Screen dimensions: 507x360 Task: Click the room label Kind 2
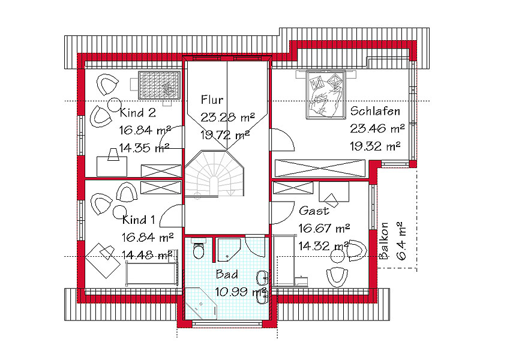click(x=138, y=113)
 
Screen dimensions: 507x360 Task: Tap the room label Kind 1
click(x=139, y=220)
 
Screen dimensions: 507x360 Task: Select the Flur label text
click(x=212, y=100)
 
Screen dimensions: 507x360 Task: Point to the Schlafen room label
click(x=375, y=111)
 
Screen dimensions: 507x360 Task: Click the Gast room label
click(x=314, y=211)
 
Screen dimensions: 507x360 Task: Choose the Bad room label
click(x=227, y=274)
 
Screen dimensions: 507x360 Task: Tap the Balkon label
click(x=383, y=241)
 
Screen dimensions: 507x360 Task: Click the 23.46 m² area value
click(x=377, y=128)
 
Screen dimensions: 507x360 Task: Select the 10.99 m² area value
click(x=241, y=292)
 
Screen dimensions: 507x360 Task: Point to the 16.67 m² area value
click(x=324, y=229)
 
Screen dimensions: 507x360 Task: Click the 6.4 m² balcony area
click(x=400, y=241)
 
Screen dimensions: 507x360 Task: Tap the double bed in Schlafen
click(x=326, y=94)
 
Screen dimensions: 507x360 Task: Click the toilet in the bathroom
click(x=198, y=248)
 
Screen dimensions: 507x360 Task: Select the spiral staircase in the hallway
click(x=214, y=173)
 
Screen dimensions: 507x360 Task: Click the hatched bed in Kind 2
click(x=159, y=85)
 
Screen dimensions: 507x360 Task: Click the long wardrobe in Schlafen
click(x=320, y=168)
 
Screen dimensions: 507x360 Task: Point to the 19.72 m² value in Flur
click(x=225, y=134)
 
